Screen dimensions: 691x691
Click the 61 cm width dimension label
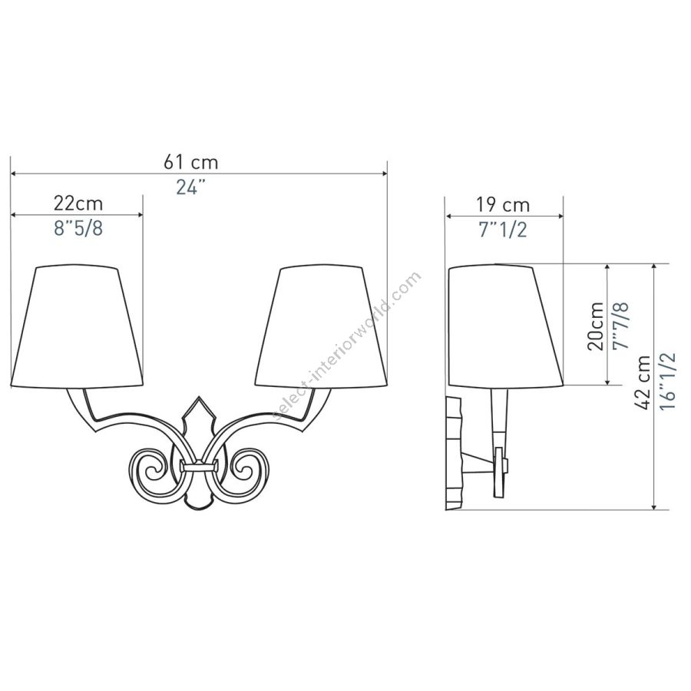coord(191,162)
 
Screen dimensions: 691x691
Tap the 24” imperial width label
coord(191,188)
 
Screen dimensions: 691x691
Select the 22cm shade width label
coord(78,203)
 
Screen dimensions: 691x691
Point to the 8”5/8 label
coord(78,229)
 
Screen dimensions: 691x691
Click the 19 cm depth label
coord(503,204)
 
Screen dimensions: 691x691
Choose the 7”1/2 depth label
coord(503,230)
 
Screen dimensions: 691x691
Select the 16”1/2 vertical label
coord(668,381)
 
